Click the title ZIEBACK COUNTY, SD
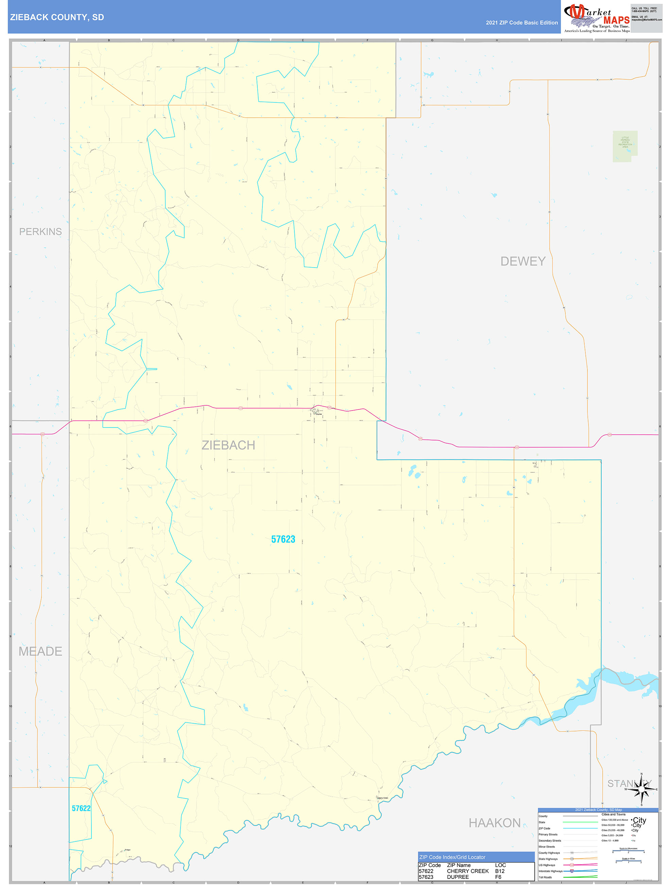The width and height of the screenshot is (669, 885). (x=57, y=17)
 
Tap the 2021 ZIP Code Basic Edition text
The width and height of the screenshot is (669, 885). (x=521, y=23)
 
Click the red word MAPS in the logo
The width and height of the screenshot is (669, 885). (x=616, y=20)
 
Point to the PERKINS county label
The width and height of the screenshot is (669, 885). (x=40, y=232)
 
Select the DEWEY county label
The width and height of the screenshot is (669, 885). (x=523, y=261)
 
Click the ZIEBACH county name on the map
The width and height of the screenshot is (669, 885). (x=228, y=445)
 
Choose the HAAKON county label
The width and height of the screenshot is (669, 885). (x=494, y=823)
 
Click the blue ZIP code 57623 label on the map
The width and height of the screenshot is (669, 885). (x=283, y=539)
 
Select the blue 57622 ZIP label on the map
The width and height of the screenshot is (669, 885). (x=81, y=808)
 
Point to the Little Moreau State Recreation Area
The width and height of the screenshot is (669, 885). (x=625, y=142)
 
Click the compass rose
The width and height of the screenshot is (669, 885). (x=641, y=789)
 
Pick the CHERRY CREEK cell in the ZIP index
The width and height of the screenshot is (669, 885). (x=467, y=871)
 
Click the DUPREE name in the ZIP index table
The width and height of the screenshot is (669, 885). (x=458, y=877)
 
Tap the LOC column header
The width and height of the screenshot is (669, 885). (x=500, y=865)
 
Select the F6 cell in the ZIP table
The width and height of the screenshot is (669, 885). (x=498, y=877)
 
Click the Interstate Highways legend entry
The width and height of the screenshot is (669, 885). (x=550, y=871)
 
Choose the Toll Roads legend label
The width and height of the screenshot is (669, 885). (x=545, y=877)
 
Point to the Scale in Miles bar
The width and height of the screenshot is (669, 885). (x=628, y=862)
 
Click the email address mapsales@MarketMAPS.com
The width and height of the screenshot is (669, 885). (x=646, y=20)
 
